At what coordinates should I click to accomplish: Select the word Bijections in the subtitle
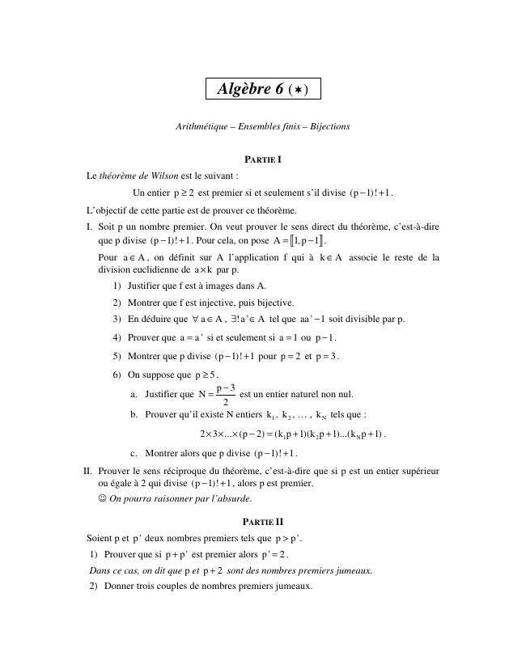coord(324,127)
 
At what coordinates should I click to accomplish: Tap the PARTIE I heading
coord(263,159)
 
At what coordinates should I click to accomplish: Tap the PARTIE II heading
coord(263,522)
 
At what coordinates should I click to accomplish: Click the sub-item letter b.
coord(134,414)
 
